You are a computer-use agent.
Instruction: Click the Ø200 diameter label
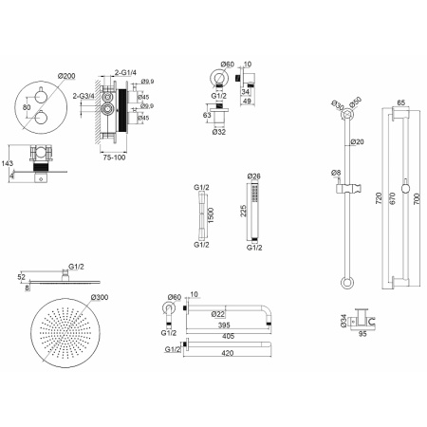point(66,76)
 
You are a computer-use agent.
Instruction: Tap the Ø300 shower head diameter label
point(100,297)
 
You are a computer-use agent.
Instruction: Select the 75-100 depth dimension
point(114,158)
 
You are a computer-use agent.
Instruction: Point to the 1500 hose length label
point(211,215)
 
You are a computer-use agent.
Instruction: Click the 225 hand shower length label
point(243,211)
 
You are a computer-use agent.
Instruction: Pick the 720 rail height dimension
point(379,198)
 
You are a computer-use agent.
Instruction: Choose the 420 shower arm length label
point(228,353)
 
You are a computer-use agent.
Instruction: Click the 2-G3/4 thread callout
point(84,96)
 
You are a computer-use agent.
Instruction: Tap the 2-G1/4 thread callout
point(125,72)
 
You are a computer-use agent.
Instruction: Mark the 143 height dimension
point(7,163)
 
